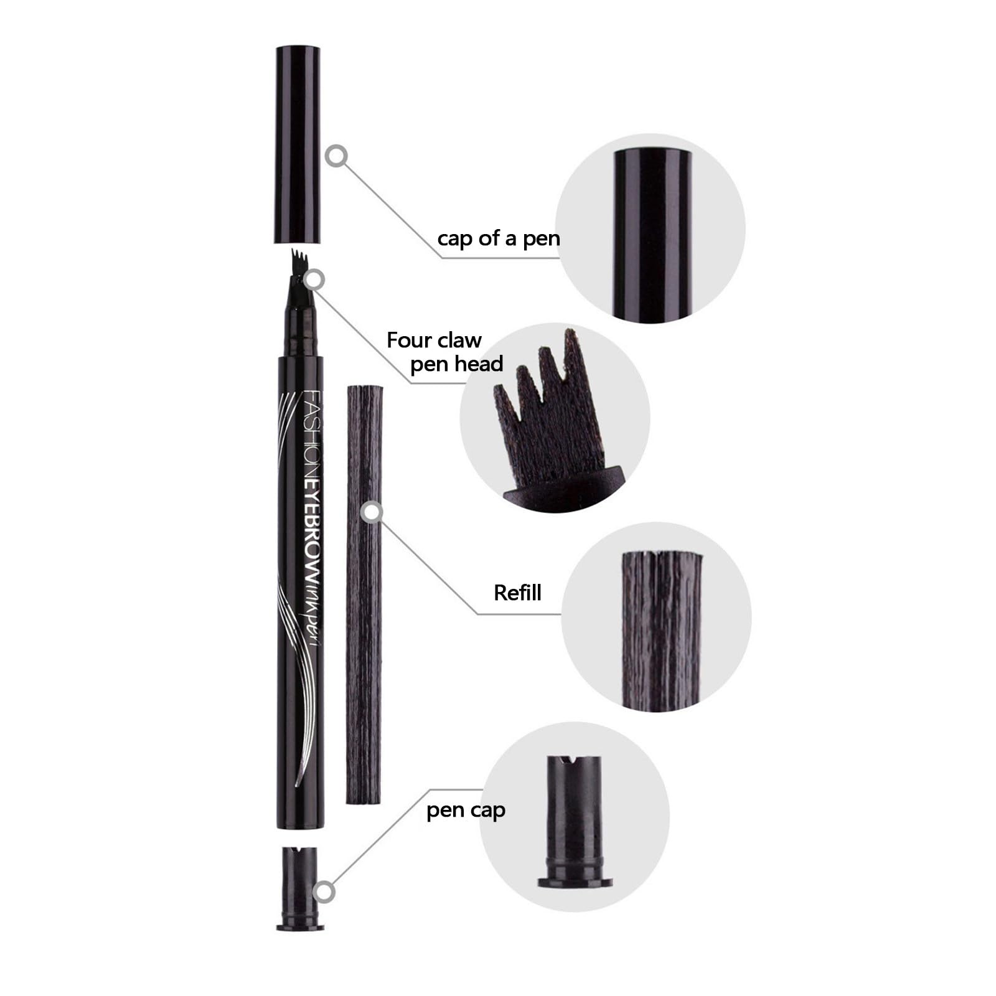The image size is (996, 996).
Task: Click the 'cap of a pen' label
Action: point(499,238)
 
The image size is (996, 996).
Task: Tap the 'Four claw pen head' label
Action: point(444,352)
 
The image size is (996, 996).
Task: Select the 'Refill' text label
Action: point(517,593)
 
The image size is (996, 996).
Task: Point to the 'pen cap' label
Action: point(466,810)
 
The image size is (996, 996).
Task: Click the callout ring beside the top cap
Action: point(337,156)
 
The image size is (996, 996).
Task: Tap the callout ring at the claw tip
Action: point(315,280)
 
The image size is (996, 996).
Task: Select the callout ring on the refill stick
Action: point(372,512)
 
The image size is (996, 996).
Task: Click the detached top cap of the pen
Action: point(298,144)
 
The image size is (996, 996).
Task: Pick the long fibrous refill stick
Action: point(364,594)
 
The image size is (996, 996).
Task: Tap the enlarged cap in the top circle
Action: point(652,234)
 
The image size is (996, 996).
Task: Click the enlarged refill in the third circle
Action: point(661,630)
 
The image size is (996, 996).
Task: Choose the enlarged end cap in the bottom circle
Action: point(574,820)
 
